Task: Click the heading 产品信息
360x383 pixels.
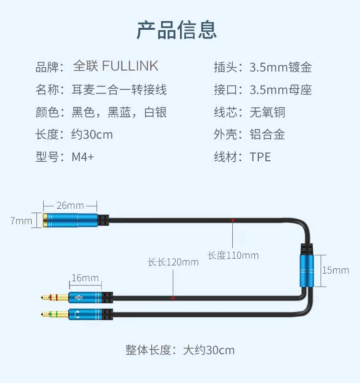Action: click(177, 29)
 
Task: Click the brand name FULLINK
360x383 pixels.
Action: click(130, 66)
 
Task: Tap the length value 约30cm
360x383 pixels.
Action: click(92, 134)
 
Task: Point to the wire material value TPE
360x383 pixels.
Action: click(260, 157)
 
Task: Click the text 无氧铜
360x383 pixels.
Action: click(267, 112)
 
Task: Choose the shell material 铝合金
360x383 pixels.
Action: click(267, 134)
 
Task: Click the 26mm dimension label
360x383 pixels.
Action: click(70, 205)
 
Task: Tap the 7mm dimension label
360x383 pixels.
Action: click(21, 221)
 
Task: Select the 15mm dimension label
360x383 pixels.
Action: click(336, 270)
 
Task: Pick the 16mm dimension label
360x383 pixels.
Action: click(85, 278)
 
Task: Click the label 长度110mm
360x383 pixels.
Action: click(233, 255)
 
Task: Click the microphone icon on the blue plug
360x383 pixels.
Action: click(78, 298)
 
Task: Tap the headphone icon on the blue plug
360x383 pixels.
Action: click(78, 315)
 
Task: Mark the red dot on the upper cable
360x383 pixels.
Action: click(233, 220)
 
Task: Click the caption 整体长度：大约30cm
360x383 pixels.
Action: click(180, 350)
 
